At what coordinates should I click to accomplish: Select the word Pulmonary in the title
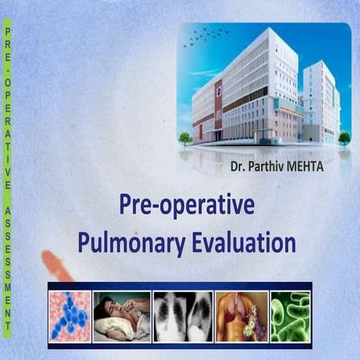coord(123,243)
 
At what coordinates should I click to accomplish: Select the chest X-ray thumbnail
coord(181,316)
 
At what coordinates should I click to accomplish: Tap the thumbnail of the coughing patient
coord(121,316)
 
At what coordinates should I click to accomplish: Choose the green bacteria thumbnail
coord(289,316)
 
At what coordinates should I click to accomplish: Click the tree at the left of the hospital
coord(185,138)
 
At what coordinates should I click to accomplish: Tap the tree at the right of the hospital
coord(343,138)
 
